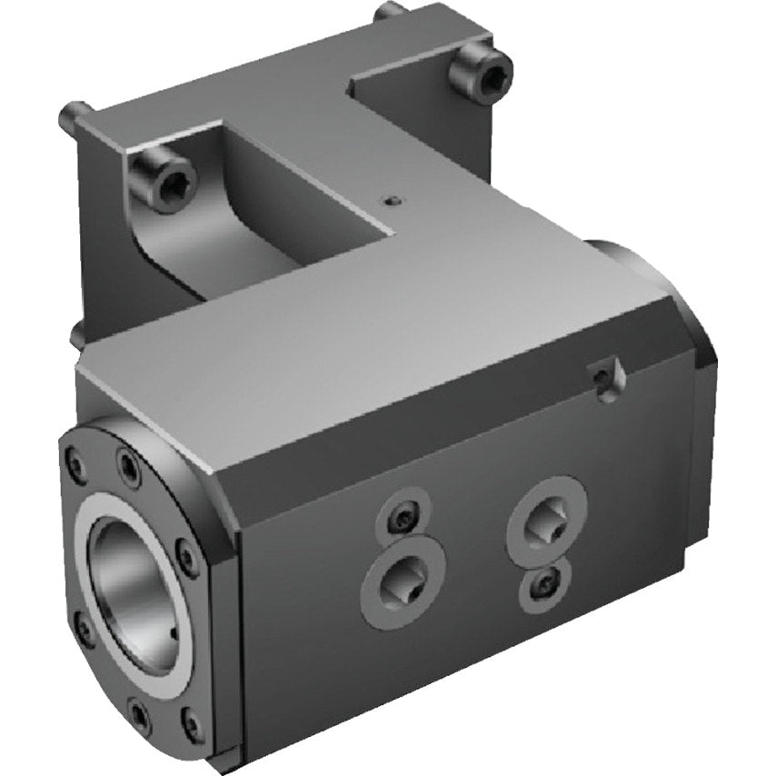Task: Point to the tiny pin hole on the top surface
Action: click(x=390, y=200)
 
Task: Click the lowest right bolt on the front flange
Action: click(x=190, y=724)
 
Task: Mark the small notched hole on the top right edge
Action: click(x=601, y=373)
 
